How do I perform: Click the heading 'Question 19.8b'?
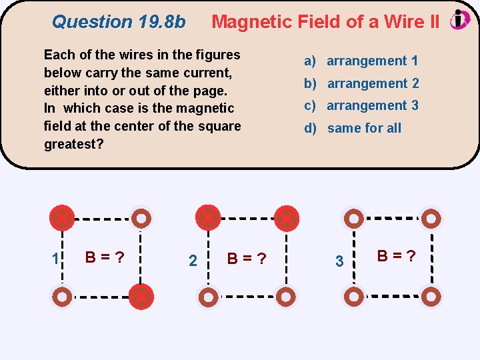119,22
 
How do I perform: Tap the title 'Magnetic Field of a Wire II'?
325,22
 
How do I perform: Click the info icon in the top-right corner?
460,20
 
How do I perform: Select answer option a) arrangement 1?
361,61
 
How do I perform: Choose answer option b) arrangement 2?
361,83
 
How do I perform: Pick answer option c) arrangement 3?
361,105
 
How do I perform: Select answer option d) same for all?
353,128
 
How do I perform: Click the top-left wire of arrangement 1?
62,217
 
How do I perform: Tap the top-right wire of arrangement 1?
141,218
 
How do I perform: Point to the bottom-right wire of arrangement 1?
141,297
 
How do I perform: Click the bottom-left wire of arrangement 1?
62,297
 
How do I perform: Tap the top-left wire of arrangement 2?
208,217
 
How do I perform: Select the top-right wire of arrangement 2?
287,218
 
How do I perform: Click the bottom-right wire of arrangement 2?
287,297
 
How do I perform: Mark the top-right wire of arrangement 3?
432,218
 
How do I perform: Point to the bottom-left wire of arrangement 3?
353,297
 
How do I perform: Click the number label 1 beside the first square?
57,258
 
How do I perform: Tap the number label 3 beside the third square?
339,261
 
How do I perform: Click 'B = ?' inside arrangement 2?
247,258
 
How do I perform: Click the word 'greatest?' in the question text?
74,144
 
